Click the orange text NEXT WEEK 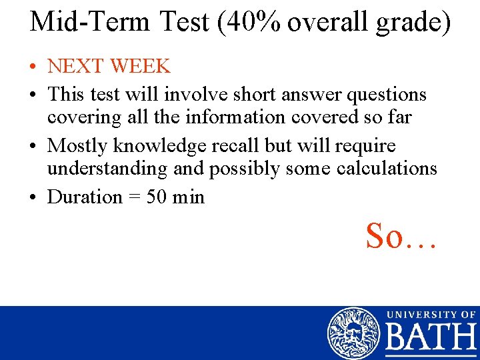click(x=109, y=66)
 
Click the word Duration click(x=85, y=197)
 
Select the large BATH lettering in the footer click(x=430, y=338)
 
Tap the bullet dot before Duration click(x=33, y=198)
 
